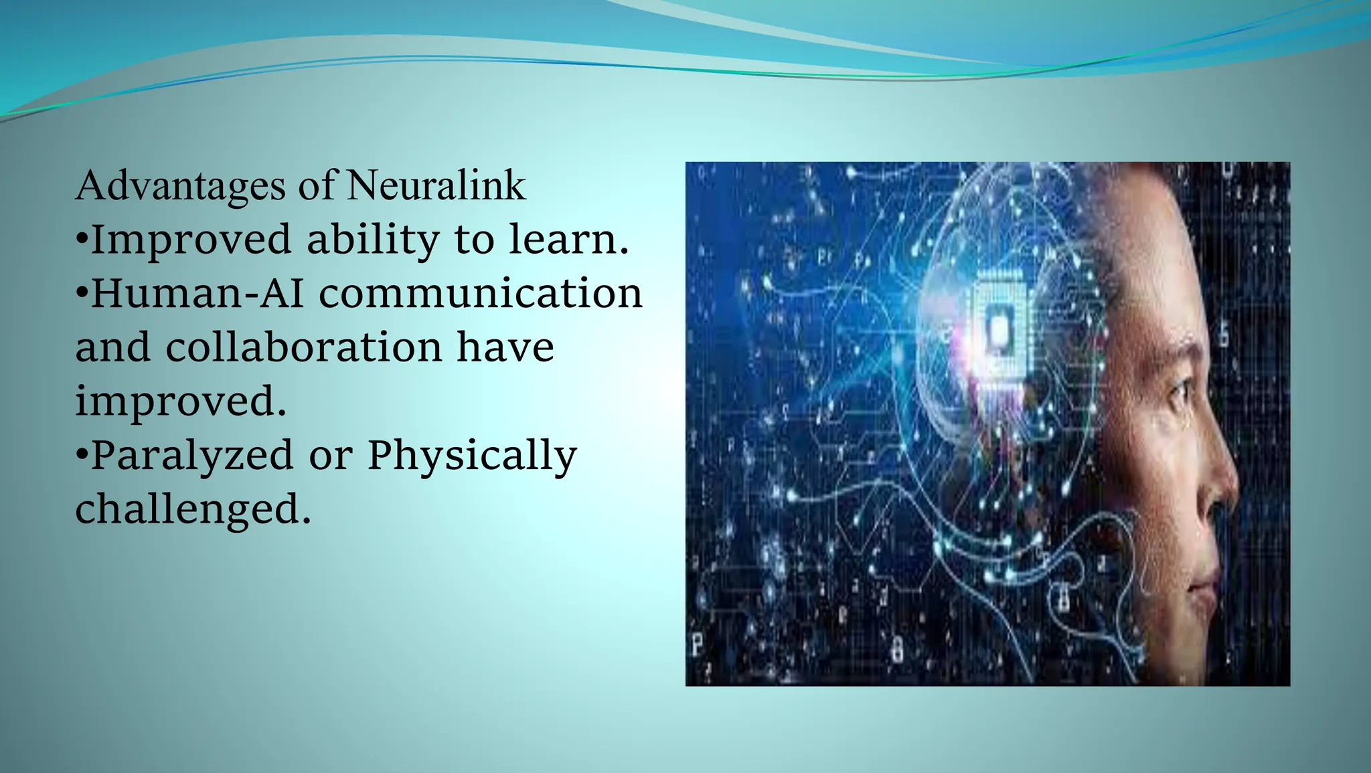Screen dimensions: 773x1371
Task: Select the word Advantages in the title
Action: point(181,186)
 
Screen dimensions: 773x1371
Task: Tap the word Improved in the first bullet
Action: point(191,240)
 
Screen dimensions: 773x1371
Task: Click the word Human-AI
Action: point(197,293)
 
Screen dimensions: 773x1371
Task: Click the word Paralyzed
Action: point(191,455)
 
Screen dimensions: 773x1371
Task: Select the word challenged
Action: point(193,509)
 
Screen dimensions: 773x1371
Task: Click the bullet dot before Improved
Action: point(82,239)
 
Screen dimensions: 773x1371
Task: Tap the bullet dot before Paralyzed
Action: point(82,454)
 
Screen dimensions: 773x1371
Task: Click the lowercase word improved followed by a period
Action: point(181,402)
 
